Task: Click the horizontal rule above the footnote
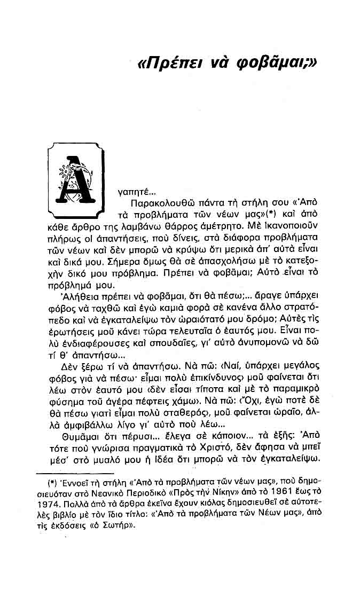(x=74, y=473)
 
